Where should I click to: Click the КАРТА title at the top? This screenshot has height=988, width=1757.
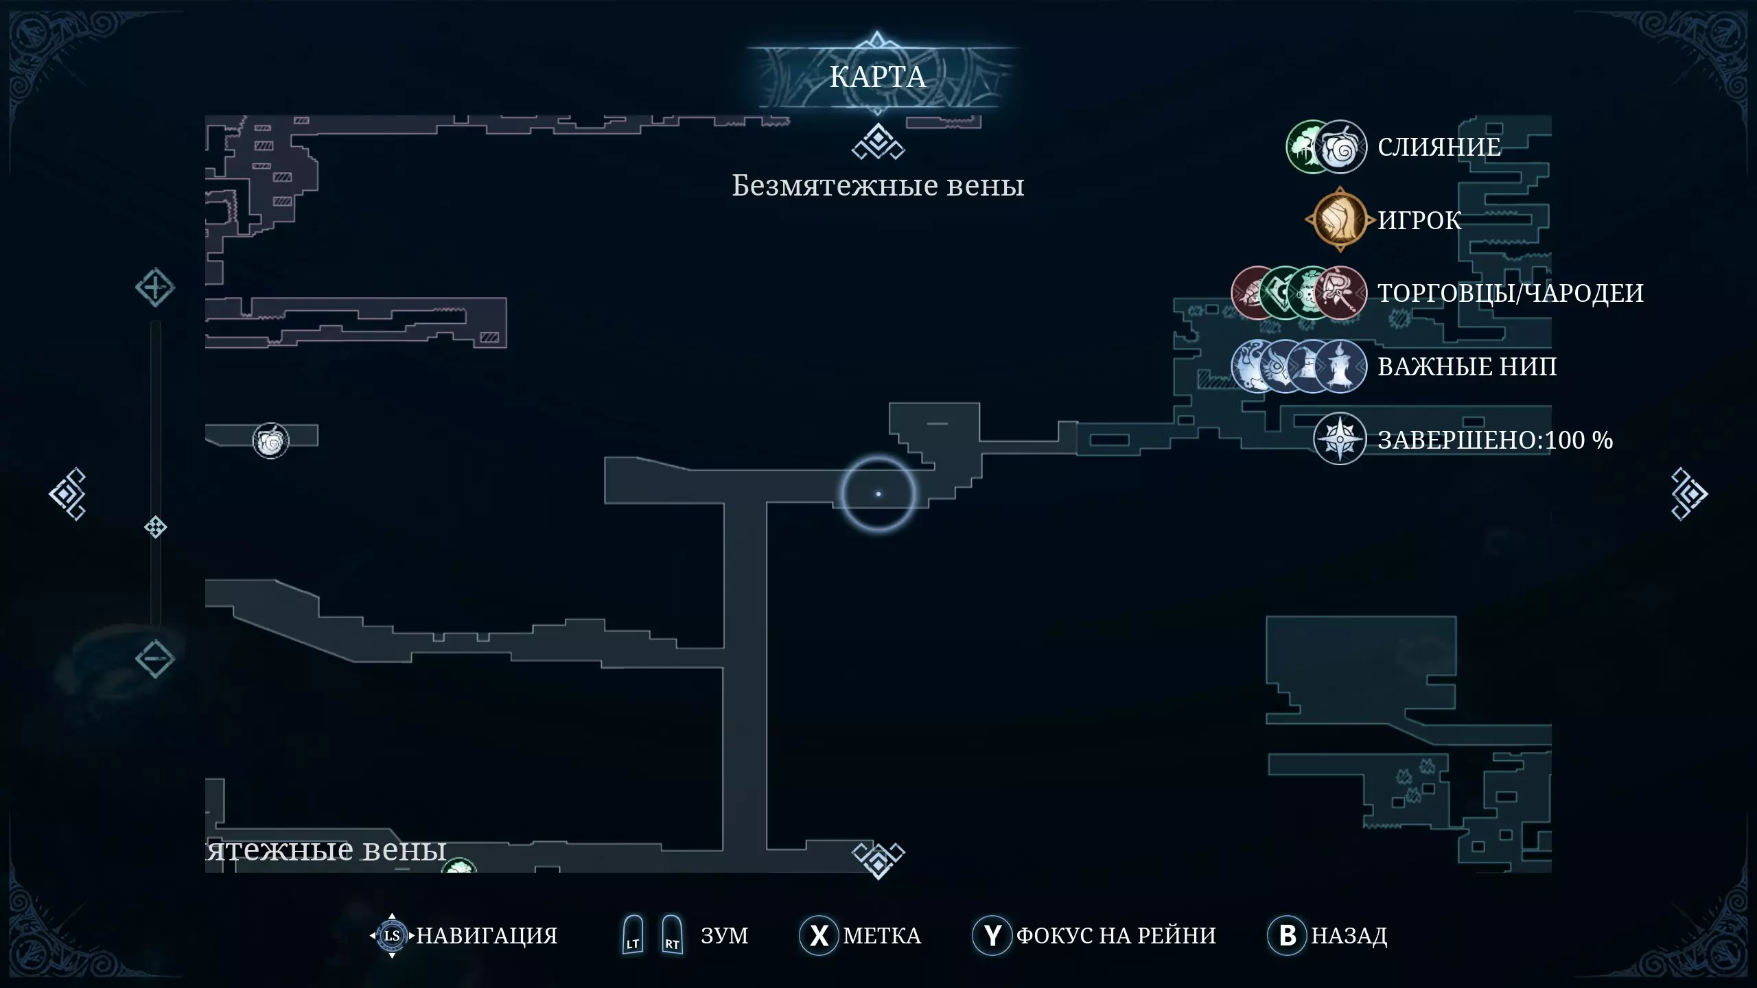click(x=878, y=77)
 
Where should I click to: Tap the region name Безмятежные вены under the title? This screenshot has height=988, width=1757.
click(x=878, y=186)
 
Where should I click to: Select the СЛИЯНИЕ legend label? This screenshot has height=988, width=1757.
click(x=1439, y=147)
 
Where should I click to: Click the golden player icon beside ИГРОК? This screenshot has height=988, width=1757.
click(x=1339, y=220)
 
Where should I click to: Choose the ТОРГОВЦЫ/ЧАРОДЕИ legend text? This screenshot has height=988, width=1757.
click(x=1510, y=293)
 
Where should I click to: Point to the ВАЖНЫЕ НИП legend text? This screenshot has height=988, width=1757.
click(x=1467, y=366)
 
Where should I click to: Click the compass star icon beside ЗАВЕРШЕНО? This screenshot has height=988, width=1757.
click(x=1339, y=439)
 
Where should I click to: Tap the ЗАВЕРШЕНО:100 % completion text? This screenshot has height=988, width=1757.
click(x=1495, y=440)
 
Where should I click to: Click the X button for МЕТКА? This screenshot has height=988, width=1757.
click(x=818, y=935)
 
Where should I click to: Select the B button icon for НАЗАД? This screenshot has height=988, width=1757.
click(x=1288, y=935)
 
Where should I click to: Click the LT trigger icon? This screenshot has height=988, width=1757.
click(x=633, y=935)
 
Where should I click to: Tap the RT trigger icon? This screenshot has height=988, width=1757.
click(x=672, y=935)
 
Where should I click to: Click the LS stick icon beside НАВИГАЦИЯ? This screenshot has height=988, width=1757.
click(x=392, y=935)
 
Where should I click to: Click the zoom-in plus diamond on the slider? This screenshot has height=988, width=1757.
click(x=154, y=287)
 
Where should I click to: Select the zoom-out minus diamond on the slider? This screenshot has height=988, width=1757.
click(x=154, y=659)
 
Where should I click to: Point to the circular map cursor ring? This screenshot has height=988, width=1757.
click(x=878, y=494)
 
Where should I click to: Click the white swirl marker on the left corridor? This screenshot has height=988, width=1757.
click(x=271, y=440)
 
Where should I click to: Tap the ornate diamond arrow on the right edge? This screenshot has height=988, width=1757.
click(x=1689, y=494)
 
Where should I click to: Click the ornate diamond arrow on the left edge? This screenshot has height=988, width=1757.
click(x=67, y=494)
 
